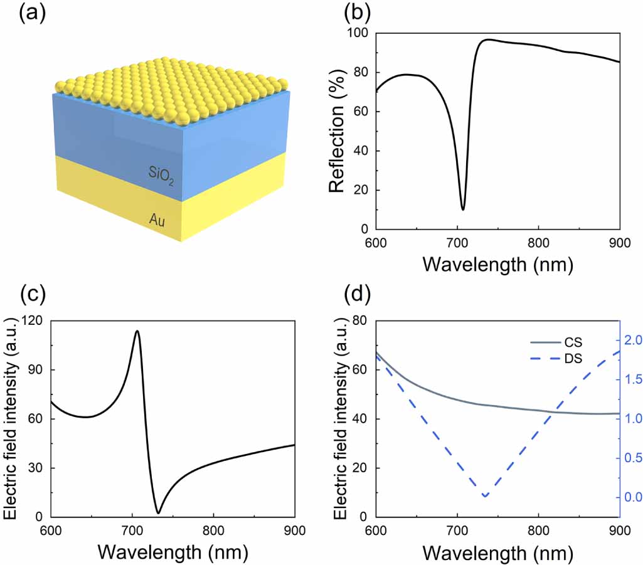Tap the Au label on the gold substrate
pyautogui.click(x=157, y=221)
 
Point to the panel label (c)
pyautogui.click(x=33, y=293)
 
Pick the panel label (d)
pyautogui.click(x=358, y=293)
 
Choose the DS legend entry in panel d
pyautogui.click(x=556, y=359)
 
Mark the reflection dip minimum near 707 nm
pyautogui.click(x=463, y=209)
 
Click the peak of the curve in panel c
pyautogui.click(x=137, y=331)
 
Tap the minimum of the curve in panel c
pyautogui.click(x=158, y=513)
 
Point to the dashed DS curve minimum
pyautogui.click(x=486, y=497)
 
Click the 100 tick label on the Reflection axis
pyautogui.click(x=358, y=33)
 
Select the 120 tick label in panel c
pyautogui.click(x=32, y=320)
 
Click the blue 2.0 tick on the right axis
pyautogui.click(x=633, y=341)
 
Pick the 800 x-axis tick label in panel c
pyautogui.click(x=213, y=531)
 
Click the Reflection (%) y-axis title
pyautogui.click(x=336, y=130)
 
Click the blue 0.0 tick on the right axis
pyautogui.click(x=633, y=497)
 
